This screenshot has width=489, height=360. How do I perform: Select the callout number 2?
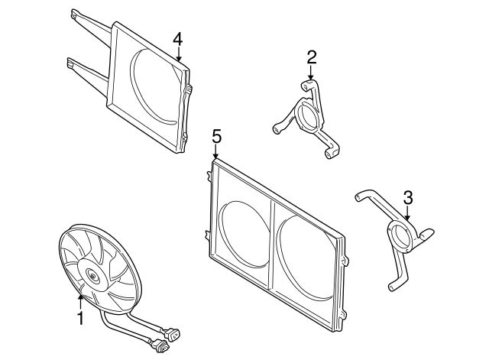(312, 57)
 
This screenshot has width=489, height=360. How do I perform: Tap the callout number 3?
(408, 197)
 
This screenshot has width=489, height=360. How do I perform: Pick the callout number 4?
(178, 38)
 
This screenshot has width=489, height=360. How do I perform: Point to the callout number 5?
(216, 136)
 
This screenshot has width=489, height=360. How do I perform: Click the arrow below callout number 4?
(178, 54)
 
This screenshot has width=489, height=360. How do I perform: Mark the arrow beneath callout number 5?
(216, 153)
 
